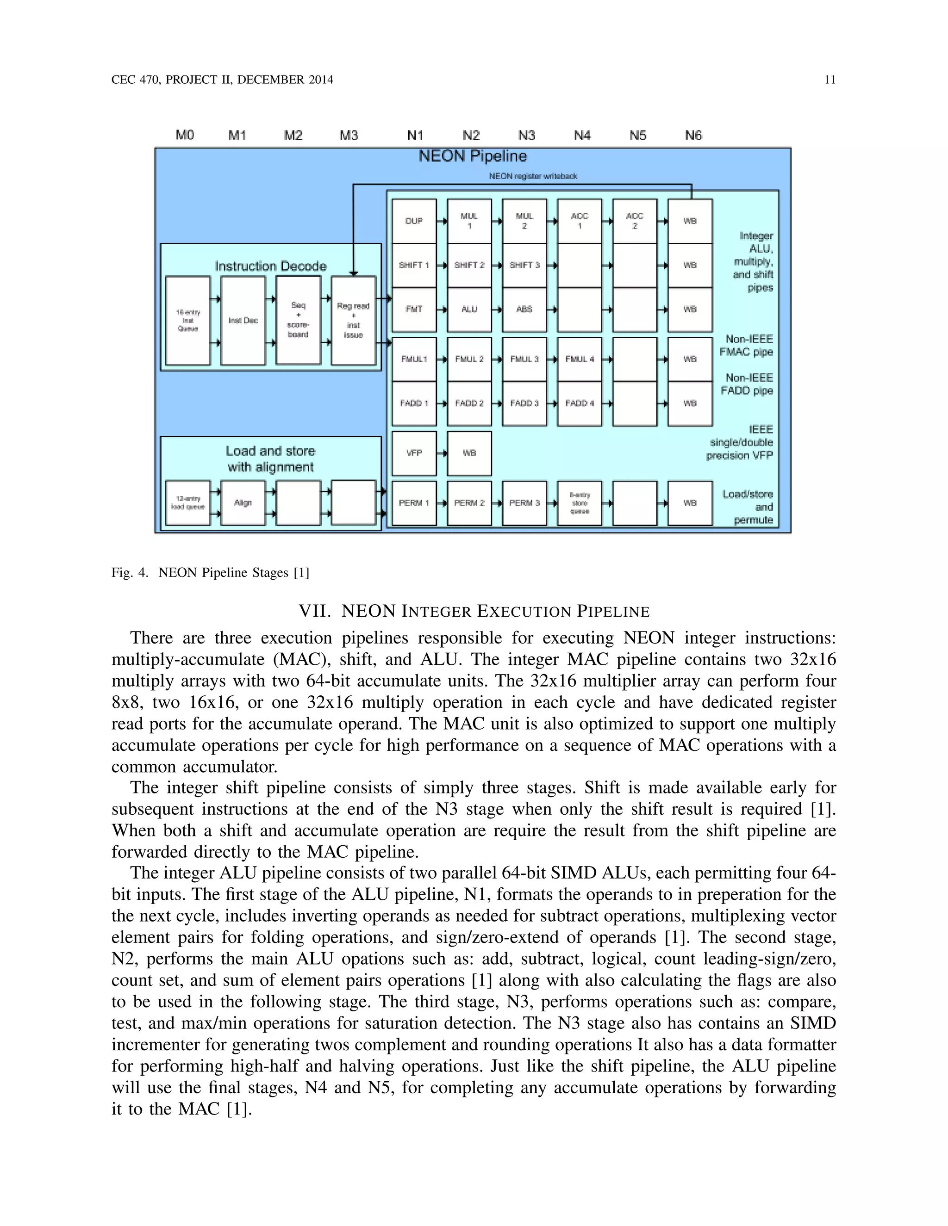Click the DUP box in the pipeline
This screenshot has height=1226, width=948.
point(414,221)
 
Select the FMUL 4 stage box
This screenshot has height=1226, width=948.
point(580,359)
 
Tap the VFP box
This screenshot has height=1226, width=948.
point(414,452)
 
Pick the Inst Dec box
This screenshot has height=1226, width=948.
point(243,321)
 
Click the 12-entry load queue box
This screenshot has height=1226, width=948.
point(188,503)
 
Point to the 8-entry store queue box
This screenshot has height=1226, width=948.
point(580,503)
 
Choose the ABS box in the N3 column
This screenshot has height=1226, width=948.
point(524,310)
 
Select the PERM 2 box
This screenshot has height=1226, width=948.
point(469,503)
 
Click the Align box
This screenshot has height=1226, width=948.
point(243,503)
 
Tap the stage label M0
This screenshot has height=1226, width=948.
point(185,135)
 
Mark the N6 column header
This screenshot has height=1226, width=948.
point(693,135)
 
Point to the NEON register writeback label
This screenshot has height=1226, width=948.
point(533,176)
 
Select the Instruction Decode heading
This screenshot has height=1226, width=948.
point(271,266)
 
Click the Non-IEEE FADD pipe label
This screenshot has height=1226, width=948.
point(747,384)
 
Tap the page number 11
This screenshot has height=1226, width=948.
point(830,80)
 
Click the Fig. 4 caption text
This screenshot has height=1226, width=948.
point(211,573)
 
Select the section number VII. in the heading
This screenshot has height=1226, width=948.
point(314,611)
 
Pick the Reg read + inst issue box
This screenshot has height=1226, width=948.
point(353,321)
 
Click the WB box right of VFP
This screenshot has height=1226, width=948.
point(469,452)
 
